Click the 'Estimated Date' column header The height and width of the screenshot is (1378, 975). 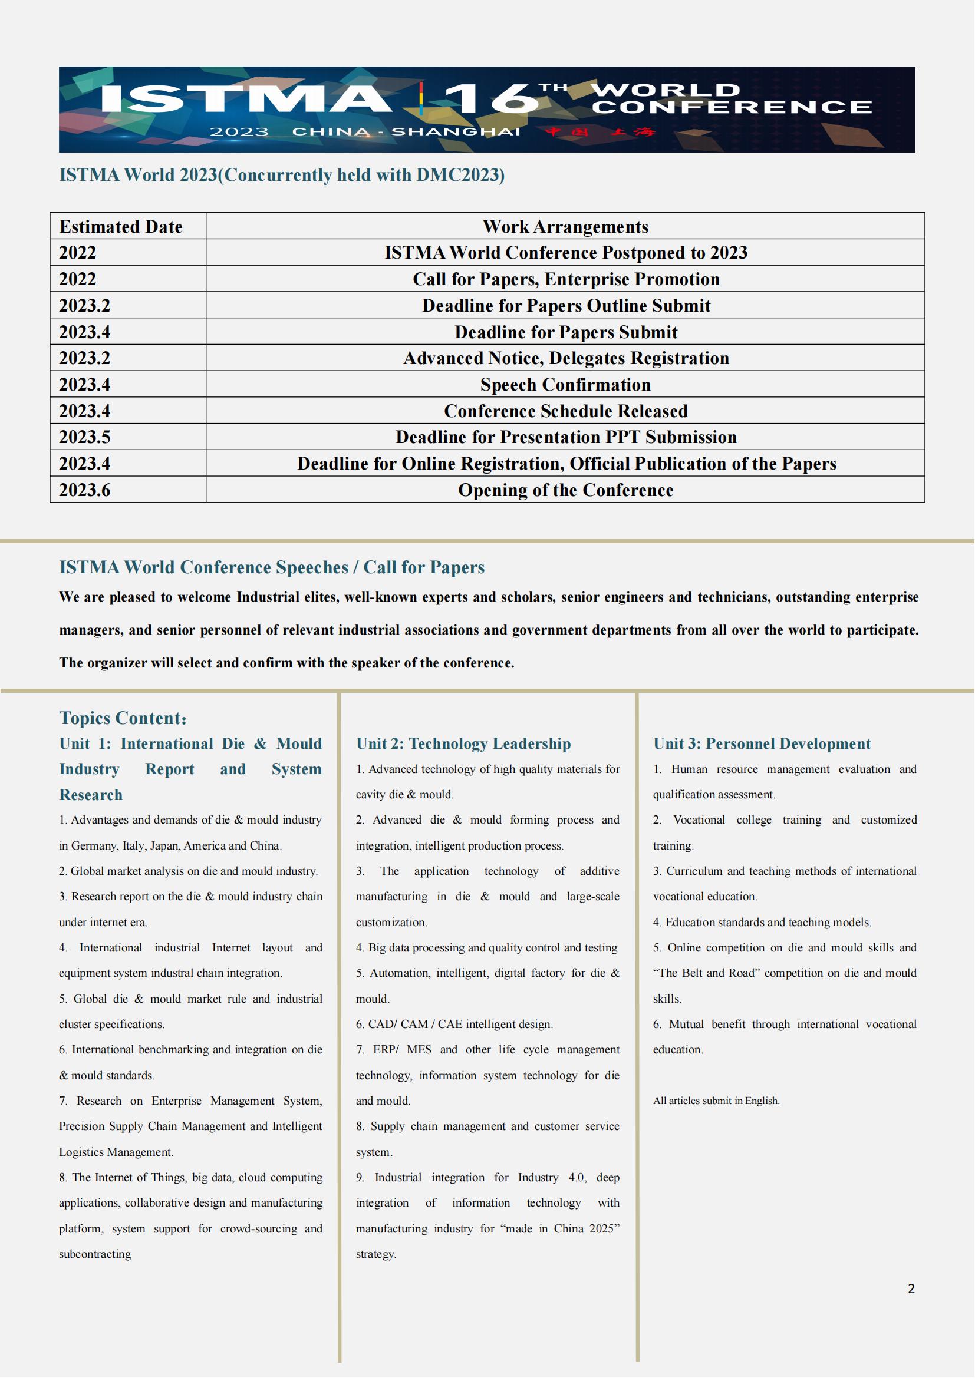click(121, 227)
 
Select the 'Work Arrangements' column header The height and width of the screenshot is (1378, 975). click(565, 227)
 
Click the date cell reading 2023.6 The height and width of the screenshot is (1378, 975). click(85, 490)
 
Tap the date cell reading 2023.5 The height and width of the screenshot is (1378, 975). click(85, 438)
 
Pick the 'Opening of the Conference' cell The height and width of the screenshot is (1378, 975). click(565, 490)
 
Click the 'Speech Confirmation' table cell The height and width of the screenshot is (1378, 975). click(565, 385)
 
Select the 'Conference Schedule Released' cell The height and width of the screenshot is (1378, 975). click(565, 411)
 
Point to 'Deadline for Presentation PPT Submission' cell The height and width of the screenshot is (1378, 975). click(565, 438)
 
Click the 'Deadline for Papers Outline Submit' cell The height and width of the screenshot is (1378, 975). click(565, 306)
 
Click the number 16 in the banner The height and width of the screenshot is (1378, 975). click(489, 99)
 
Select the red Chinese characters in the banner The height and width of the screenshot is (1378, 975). click(600, 132)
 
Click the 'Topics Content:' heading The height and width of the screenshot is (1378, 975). click(123, 718)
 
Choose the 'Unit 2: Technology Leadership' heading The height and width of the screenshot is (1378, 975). click(463, 743)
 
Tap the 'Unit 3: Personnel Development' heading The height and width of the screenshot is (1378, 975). click(761, 743)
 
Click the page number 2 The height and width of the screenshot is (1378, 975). click(911, 1288)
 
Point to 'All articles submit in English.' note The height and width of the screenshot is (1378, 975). click(716, 1101)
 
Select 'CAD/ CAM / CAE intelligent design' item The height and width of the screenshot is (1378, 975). click(454, 1024)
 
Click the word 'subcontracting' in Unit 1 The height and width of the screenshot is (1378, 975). click(95, 1254)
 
